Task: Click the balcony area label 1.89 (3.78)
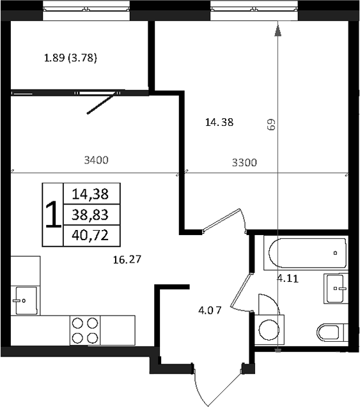pyautogui.click(x=70, y=59)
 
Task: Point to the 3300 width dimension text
pyautogui.click(x=244, y=162)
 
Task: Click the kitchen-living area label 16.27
pyautogui.click(x=126, y=259)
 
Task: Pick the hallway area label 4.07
pyautogui.click(x=210, y=311)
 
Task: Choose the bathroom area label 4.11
pyautogui.click(x=288, y=278)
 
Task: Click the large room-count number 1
pyautogui.click(x=52, y=215)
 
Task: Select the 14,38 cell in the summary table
pyautogui.click(x=91, y=193)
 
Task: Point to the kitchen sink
pyautogui.click(x=25, y=298)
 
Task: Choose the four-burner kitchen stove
pyautogui.click(x=85, y=330)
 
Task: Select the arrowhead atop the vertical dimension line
pyautogui.click(x=278, y=29)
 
